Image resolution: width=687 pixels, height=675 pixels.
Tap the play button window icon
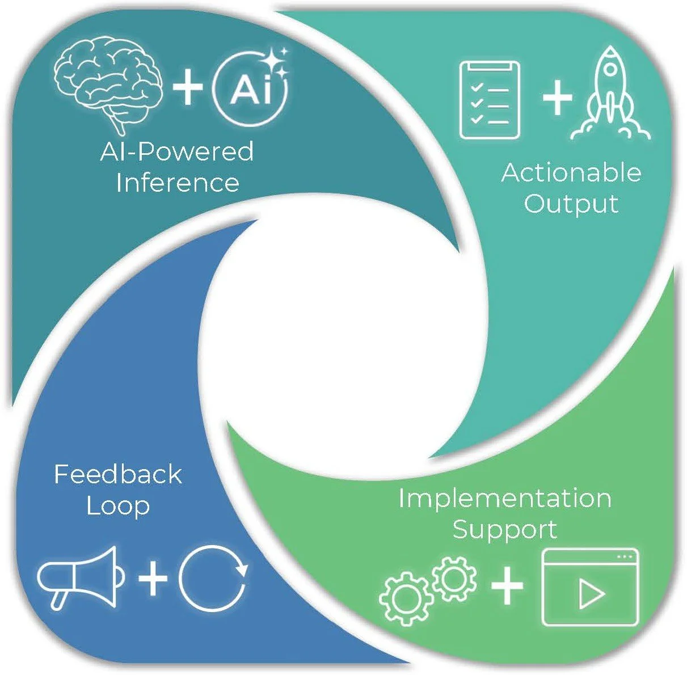pyautogui.click(x=590, y=587)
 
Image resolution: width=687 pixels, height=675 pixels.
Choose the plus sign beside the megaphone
pyautogui.click(x=153, y=579)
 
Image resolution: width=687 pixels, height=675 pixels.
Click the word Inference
pyautogui.click(x=177, y=183)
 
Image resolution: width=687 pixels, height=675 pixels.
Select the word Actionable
pyautogui.click(x=571, y=172)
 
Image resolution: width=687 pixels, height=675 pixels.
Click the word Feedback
pyautogui.click(x=118, y=474)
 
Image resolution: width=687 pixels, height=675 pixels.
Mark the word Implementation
pyautogui.click(x=505, y=498)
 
